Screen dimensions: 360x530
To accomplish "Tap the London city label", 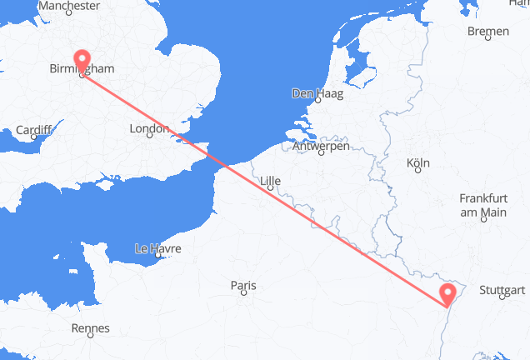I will coord(149,129).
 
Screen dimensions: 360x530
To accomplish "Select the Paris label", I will coord(243,286).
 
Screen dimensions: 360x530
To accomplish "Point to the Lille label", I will coord(271,178).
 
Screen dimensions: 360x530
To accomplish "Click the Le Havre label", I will coord(157,248).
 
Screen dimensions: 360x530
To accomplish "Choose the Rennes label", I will coord(91,328).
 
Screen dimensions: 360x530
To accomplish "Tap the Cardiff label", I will coord(34,131).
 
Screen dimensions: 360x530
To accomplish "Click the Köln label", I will coord(417,162).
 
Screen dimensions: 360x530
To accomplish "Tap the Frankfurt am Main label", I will coord(483,206).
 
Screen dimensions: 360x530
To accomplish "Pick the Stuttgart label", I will coord(502,291).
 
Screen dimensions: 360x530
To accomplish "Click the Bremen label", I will coord(488,32).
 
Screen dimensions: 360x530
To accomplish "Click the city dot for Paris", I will coord(243,296).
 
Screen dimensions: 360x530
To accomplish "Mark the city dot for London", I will coord(149,136).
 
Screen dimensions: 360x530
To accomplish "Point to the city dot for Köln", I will coord(417,170).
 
